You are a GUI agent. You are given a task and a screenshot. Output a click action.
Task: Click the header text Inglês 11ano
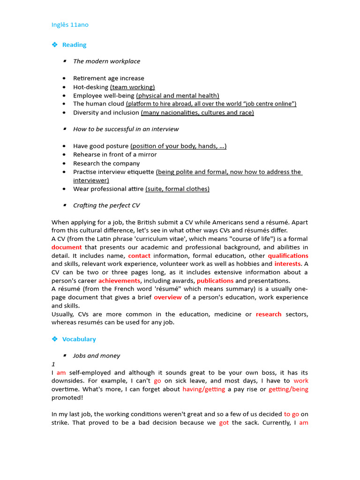70,25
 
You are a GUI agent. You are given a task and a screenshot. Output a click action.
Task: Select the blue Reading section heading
74,45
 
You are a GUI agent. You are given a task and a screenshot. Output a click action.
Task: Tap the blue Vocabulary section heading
79,339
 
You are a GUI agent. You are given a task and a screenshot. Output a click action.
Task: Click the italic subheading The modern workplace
106,61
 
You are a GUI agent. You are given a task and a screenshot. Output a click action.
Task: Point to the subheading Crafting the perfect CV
106,205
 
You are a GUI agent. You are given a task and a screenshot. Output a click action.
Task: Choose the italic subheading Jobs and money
96,356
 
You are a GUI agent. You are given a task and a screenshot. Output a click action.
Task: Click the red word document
67,247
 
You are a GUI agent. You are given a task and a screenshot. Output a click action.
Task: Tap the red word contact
139,256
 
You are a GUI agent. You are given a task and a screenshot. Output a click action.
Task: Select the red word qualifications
288,256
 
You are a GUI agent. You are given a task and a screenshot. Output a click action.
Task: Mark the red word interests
287,264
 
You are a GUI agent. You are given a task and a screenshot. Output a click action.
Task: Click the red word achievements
119,281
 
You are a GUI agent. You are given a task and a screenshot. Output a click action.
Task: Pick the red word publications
215,281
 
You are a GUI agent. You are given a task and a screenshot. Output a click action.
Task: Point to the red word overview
168,297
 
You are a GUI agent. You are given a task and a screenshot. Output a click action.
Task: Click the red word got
224,423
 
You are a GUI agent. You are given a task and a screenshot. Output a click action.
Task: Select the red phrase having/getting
203,390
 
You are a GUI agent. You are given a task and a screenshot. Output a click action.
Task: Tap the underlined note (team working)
132,87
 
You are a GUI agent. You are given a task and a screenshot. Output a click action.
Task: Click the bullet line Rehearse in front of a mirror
115,155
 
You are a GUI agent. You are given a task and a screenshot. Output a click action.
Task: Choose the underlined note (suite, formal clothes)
177,189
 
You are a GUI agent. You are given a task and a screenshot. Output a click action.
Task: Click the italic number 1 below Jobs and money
53,364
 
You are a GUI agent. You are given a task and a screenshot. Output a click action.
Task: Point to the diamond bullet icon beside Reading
54,45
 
